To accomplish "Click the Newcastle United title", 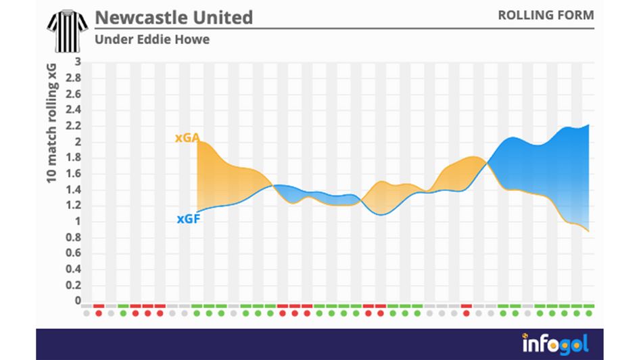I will (174, 17).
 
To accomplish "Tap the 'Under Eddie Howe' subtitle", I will (152, 39).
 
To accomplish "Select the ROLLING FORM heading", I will (546, 15).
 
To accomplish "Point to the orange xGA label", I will (187, 138).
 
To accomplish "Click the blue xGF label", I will (188, 219).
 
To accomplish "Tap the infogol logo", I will (555, 344).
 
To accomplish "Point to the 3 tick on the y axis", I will (78, 62).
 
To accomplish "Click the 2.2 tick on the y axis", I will (74, 126).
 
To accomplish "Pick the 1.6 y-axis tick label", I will (74, 174).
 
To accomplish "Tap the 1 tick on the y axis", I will (78, 221).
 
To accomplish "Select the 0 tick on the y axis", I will (78, 301).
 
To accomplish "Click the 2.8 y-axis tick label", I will (74, 78).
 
